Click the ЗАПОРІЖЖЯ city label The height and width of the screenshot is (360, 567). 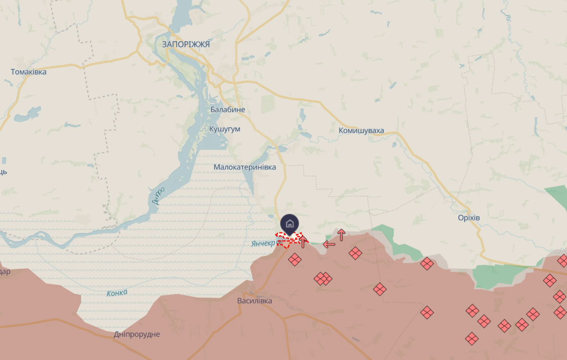pos(186,45)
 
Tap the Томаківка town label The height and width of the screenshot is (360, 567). pos(28,72)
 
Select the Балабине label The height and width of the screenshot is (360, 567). pos(227,110)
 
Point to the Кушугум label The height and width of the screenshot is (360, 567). pos(225,129)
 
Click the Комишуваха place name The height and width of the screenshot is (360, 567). pos(362,130)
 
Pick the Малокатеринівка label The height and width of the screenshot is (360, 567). pos(245,167)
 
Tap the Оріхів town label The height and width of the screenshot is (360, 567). pos(469,218)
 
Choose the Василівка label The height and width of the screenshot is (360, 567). pos(254,301)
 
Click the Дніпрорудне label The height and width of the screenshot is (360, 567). pos(137,334)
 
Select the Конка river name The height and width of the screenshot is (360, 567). pos(117,293)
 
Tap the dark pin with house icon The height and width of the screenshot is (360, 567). pos(289,224)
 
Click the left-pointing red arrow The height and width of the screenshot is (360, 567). pos(329,245)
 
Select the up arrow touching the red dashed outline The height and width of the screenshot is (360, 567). pos(303,242)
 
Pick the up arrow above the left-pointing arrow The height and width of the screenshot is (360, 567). pos(341,235)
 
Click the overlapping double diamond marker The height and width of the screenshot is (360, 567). pos(323,278)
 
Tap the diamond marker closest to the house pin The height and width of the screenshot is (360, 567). pos(294,259)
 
